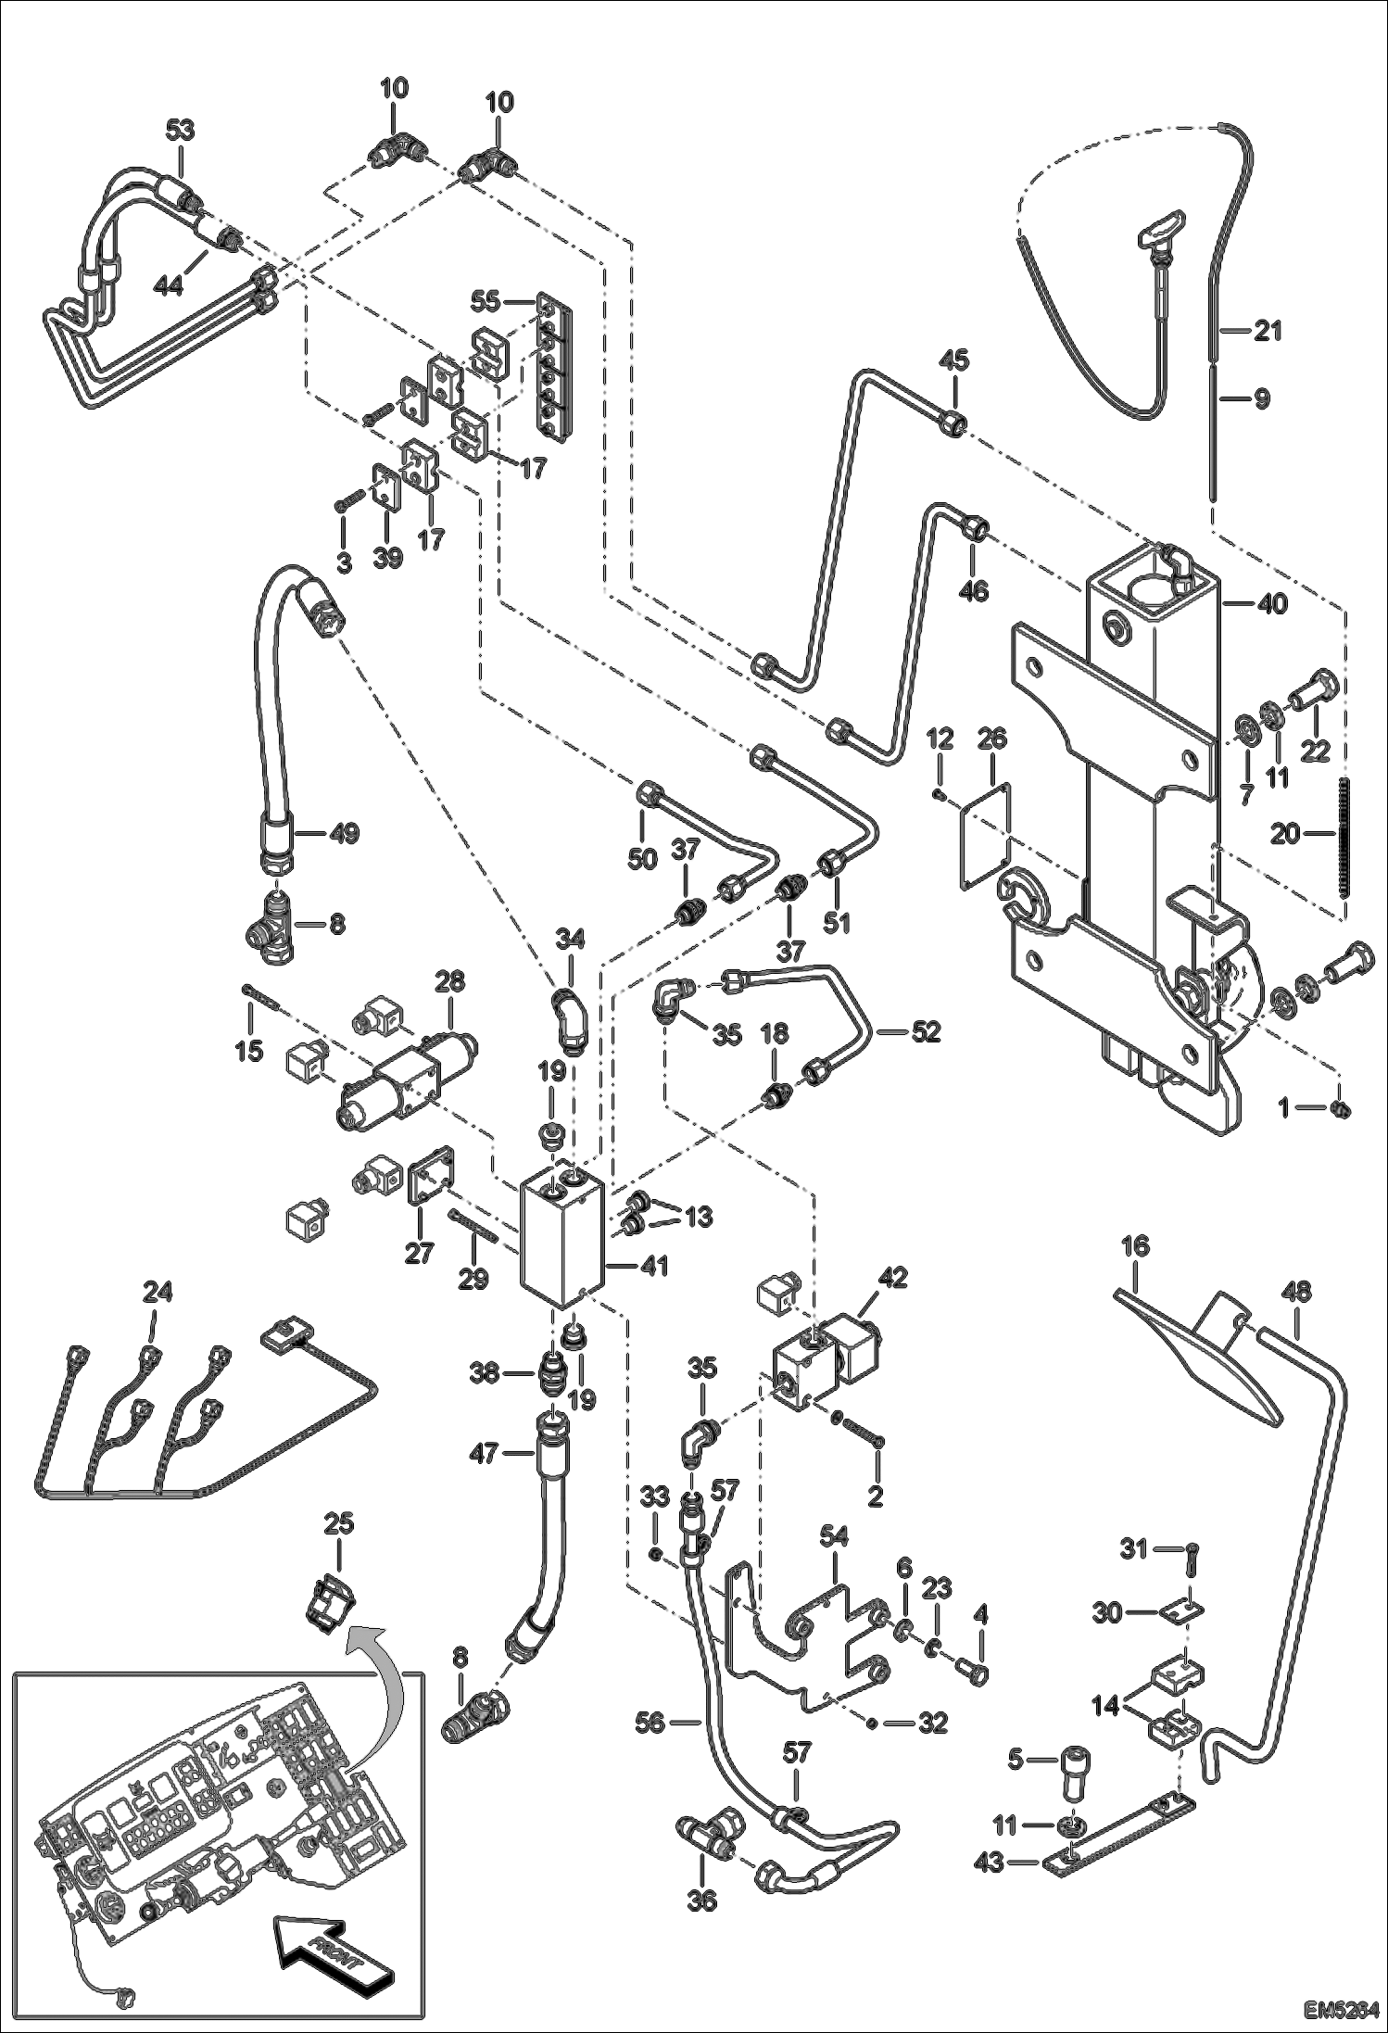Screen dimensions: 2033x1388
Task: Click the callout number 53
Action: pos(180,130)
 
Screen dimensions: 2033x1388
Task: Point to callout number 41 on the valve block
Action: pos(654,1266)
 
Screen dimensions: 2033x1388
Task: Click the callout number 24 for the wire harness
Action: pos(157,1292)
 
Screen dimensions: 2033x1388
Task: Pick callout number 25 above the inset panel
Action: pos(340,1523)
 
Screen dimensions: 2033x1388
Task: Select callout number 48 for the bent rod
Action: pos(1296,1292)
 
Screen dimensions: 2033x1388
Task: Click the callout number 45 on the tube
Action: pos(953,360)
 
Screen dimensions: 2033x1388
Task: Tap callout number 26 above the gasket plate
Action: pos(991,739)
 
